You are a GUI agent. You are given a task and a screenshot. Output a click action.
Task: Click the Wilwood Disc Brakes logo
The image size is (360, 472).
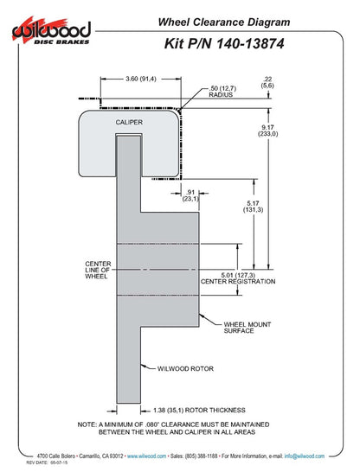pyautogui.click(x=51, y=31)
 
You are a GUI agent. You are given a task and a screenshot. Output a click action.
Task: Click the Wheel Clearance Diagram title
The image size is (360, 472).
pyautogui.click(x=224, y=22)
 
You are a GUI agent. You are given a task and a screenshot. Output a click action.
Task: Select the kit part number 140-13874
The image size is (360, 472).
pyautogui.click(x=250, y=43)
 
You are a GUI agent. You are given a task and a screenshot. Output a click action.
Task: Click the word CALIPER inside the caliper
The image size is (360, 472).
pyautogui.click(x=129, y=122)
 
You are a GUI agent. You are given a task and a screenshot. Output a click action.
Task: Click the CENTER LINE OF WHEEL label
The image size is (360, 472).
pyautogui.click(x=98, y=270)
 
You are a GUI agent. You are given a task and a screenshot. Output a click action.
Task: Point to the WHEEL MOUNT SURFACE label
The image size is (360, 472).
pyautogui.click(x=247, y=328)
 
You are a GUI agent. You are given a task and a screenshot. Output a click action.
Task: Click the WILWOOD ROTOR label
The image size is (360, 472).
pyautogui.click(x=185, y=369)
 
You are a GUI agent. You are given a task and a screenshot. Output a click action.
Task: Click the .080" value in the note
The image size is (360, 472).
pyautogui.click(x=151, y=424)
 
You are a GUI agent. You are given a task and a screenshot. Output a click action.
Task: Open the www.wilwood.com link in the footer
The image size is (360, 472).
pyautogui.click(x=146, y=456)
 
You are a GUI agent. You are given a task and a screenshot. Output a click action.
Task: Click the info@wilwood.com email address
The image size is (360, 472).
pyautogui.click(x=305, y=456)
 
